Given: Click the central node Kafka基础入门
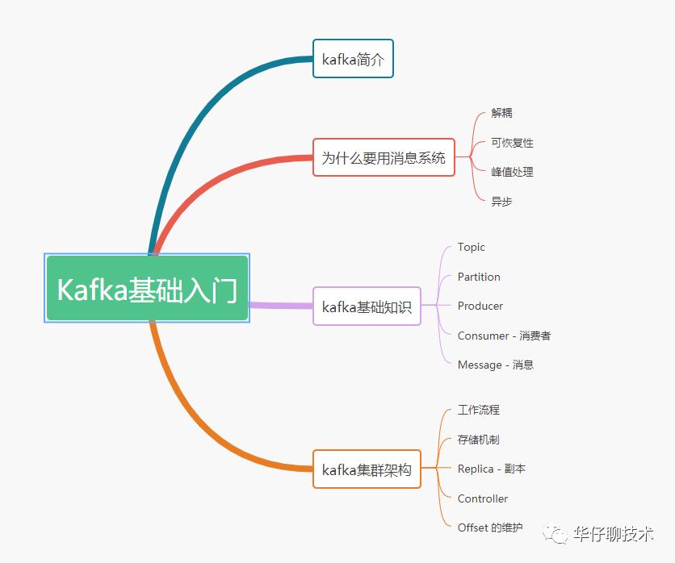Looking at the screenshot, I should tap(147, 288).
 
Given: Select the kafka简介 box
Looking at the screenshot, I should tap(353, 59).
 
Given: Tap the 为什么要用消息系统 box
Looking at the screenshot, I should tap(384, 157).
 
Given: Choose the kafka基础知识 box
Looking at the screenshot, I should tap(367, 307).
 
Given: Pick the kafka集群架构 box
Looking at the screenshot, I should tap(367, 469).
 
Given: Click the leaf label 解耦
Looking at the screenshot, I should tap(501, 113).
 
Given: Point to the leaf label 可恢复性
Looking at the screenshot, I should tap(512, 143).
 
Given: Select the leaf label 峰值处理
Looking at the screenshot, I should tap(512, 172).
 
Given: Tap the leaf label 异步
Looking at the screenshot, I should tap(501, 202).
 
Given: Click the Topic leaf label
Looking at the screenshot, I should tap(472, 248).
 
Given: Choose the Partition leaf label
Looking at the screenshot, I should tap(479, 277).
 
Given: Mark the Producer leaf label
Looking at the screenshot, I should tap(480, 307).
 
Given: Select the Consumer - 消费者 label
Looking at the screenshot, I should tap(504, 336).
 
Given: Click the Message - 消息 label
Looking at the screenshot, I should tap(496, 365).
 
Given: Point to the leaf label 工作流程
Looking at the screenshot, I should tap(479, 411).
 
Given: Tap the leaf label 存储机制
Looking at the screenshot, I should tap(479, 440).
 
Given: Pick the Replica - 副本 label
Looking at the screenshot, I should tap(492, 469).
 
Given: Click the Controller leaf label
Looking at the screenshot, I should tap(483, 498).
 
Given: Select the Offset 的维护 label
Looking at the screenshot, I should tap(490, 528).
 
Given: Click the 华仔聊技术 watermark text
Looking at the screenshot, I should tap(613, 534).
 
